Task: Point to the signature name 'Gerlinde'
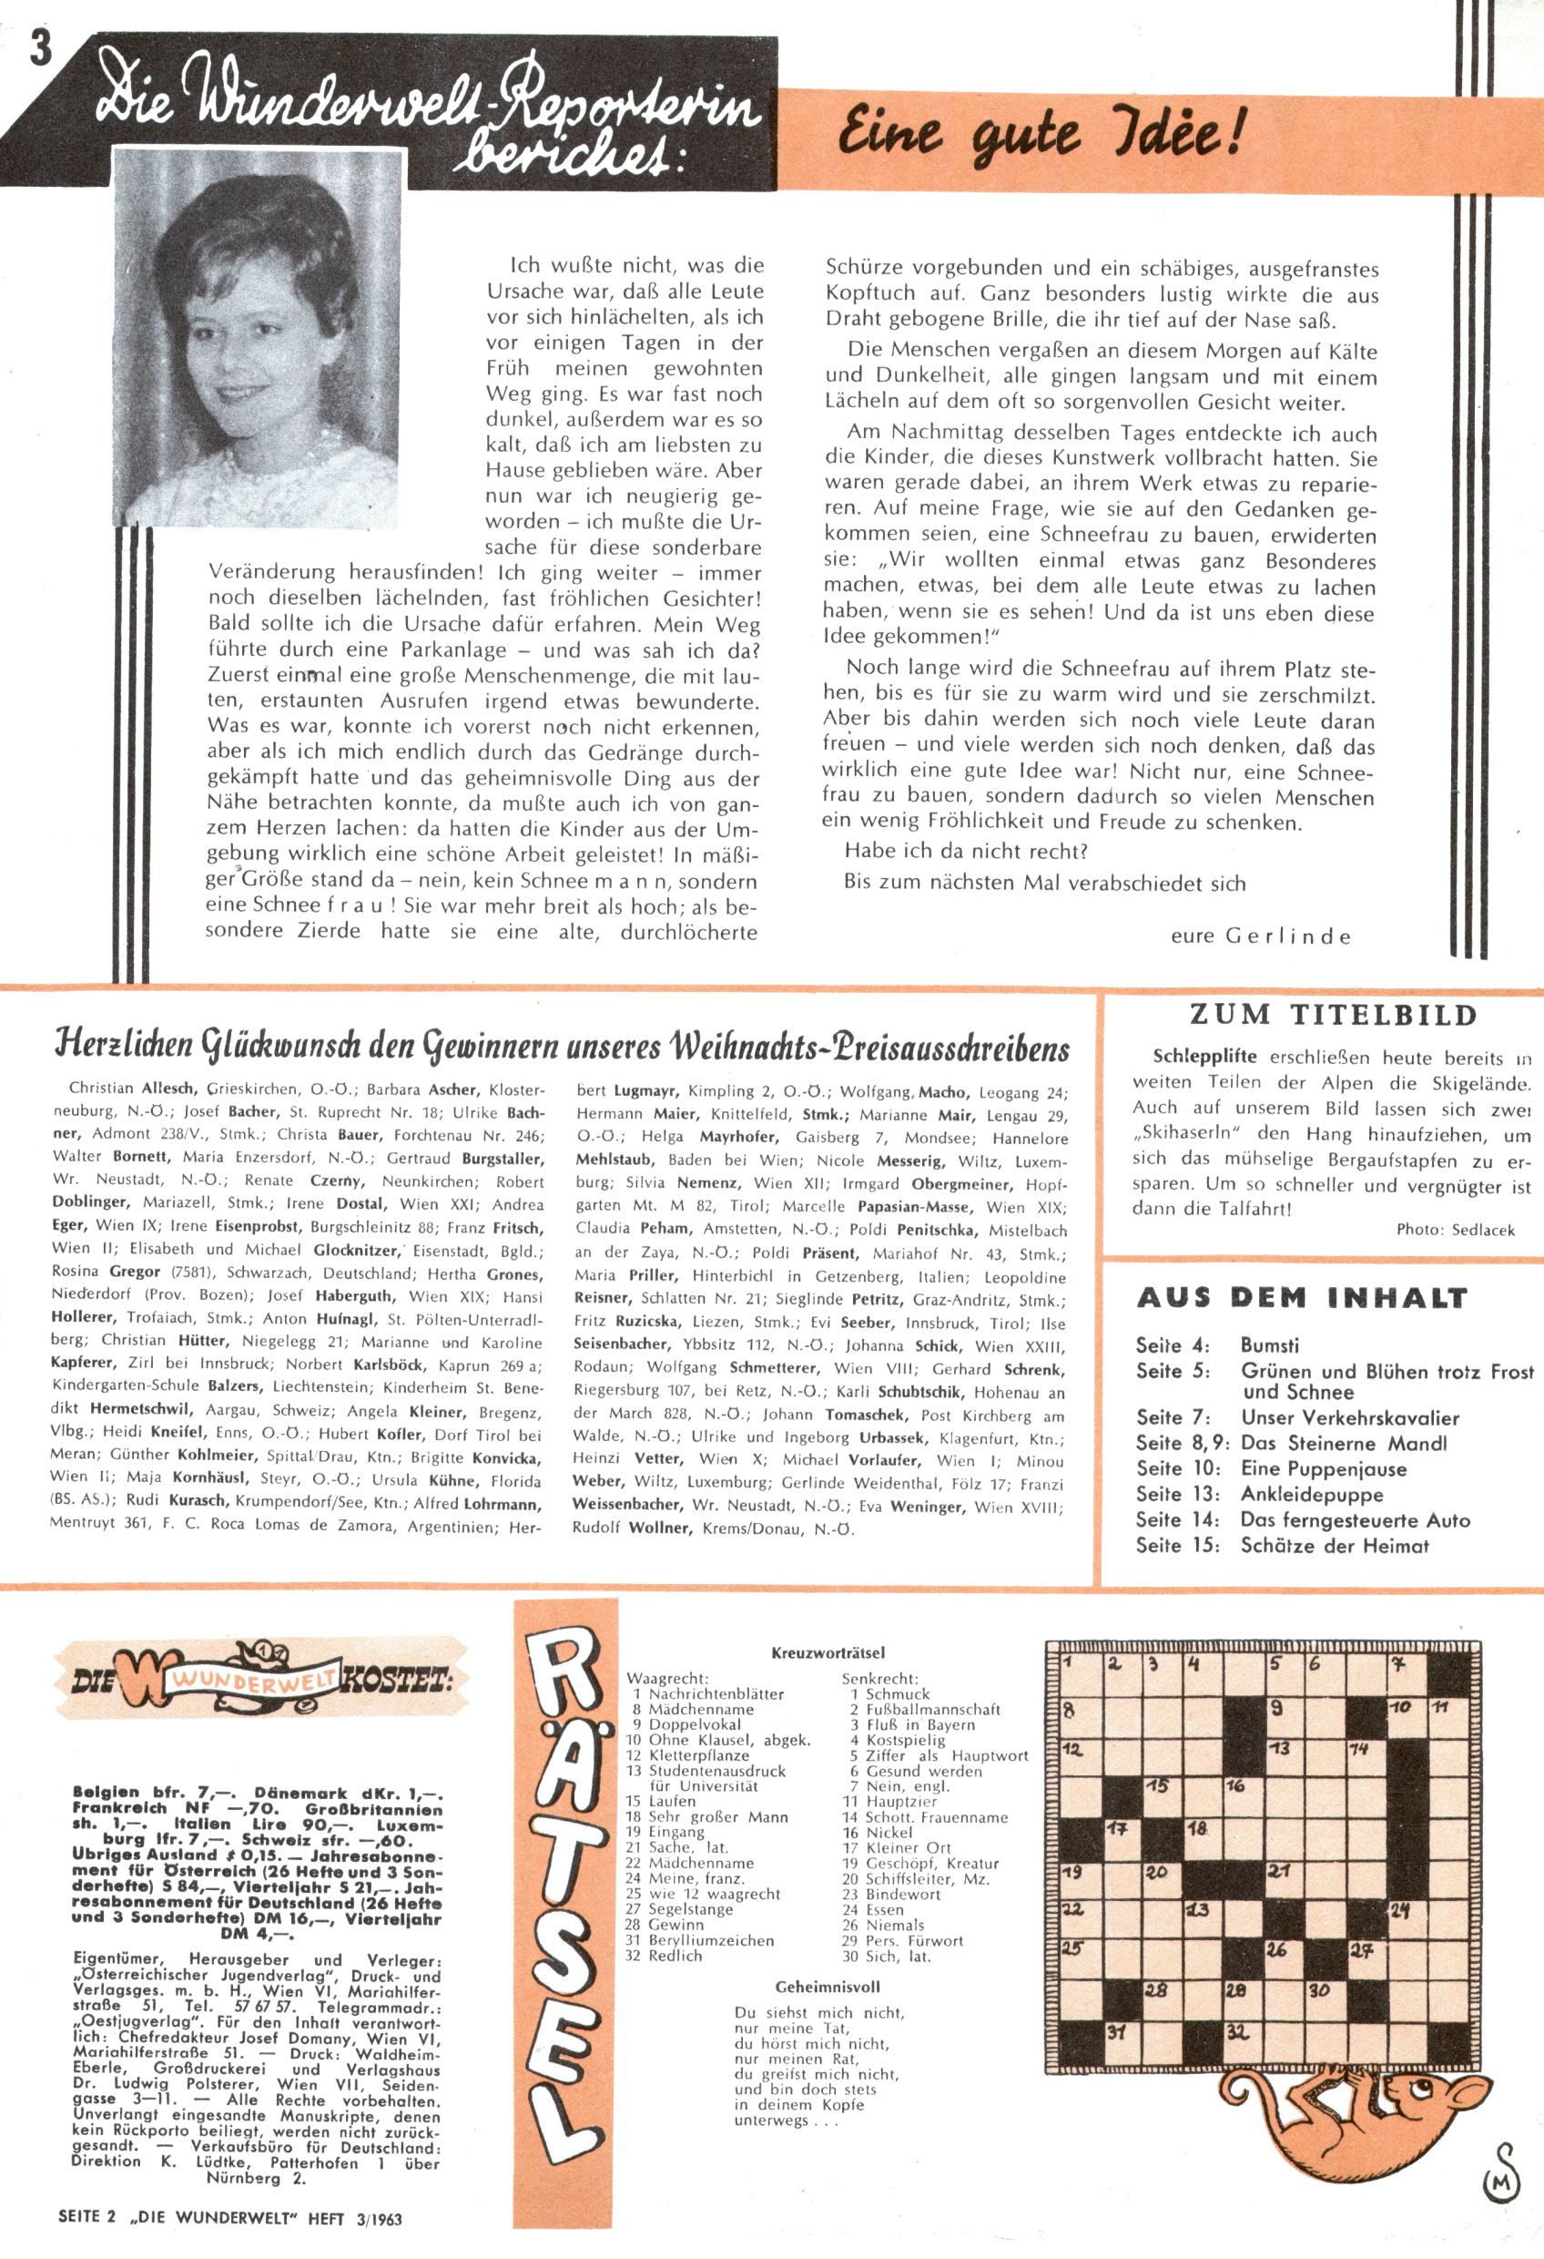[1288, 937]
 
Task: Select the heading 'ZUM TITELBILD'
[1333, 1016]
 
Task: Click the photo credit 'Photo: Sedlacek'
[1456, 1230]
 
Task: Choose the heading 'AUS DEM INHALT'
[1301, 1298]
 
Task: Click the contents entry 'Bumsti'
[1269, 1346]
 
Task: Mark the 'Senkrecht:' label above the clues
[879, 1679]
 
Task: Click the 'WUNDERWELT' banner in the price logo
[254, 1679]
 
